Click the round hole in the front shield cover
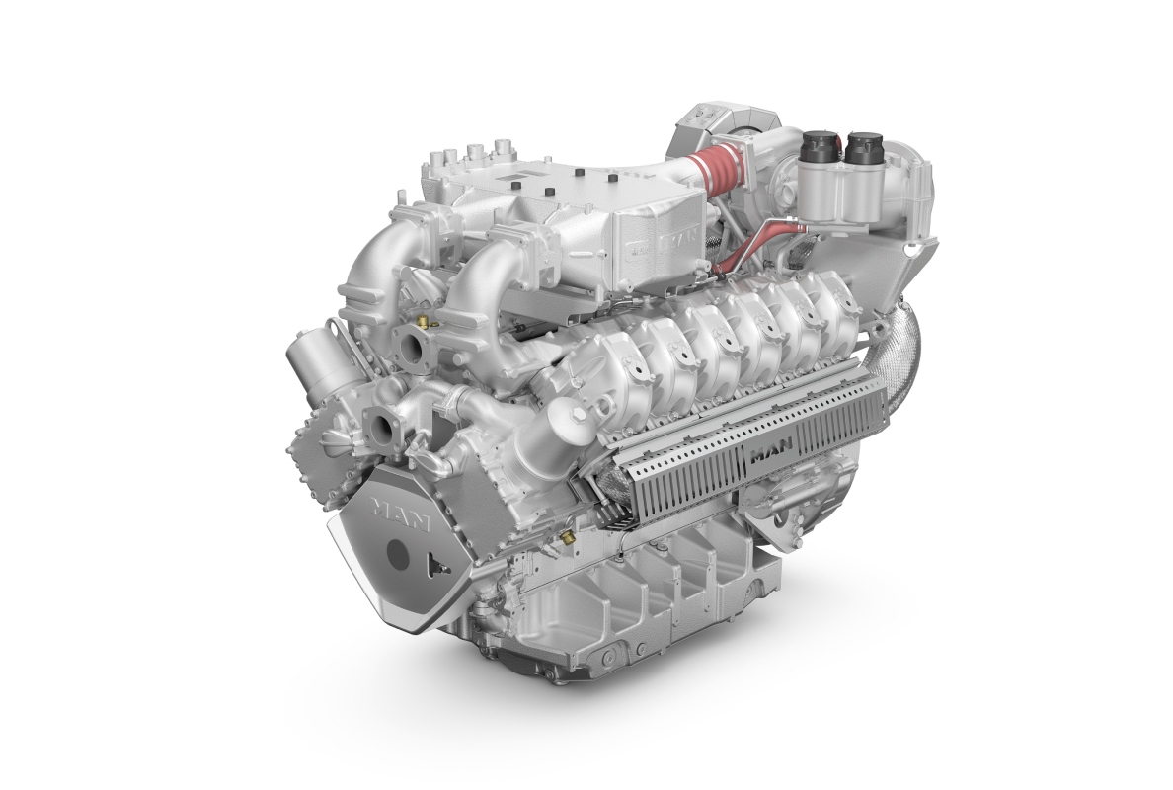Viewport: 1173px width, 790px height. tap(398, 555)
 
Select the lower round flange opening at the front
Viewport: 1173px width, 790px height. tap(380, 428)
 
